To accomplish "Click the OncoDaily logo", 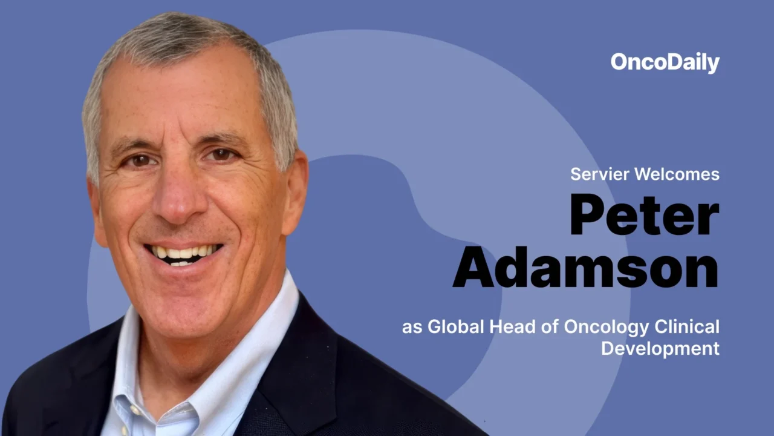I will (665, 62).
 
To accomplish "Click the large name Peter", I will (645, 216).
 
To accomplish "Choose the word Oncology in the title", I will (607, 328).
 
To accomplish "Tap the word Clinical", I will (688, 327).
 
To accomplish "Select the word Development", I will (660, 349).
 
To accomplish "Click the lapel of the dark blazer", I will (302, 375).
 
